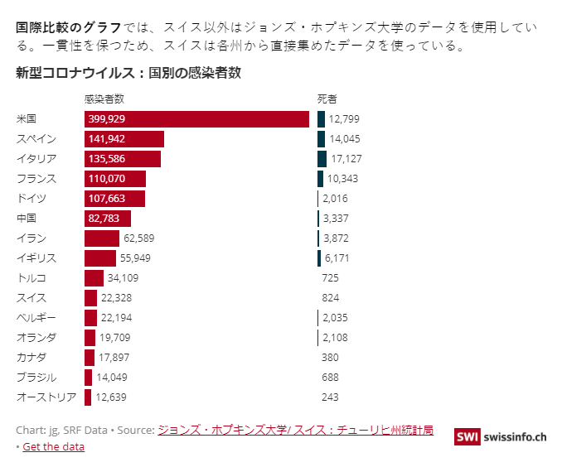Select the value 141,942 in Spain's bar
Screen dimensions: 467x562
pyautogui.click(x=106, y=139)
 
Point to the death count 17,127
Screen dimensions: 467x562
pyautogui.click(x=346, y=159)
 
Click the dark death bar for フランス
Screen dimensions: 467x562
pyautogui.click(x=320, y=179)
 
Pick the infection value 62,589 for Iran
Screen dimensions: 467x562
pyautogui.click(x=138, y=238)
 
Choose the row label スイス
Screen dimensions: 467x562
pyautogui.click(x=31, y=298)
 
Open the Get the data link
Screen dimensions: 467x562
pyautogui.click(x=53, y=447)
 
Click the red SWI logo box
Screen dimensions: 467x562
pyautogui.click(x=468, y=436)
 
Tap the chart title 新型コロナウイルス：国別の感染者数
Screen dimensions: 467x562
pyautogui.click(x=128, y=73)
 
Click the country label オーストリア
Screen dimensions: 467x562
pyautogui.click(x=46, y=397)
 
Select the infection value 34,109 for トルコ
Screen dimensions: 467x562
pyautogui.click(x=123, y=278)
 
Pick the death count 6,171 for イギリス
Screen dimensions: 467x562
pyautogui.click(x=337, y=258)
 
